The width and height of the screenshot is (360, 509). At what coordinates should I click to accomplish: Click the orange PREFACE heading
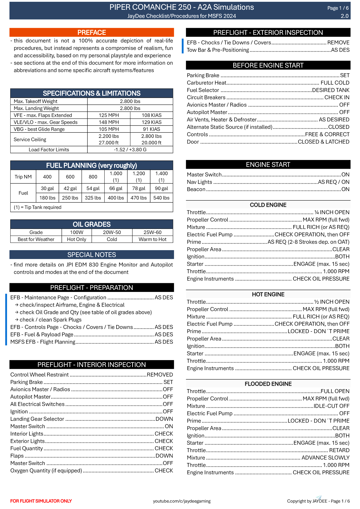[92, 33]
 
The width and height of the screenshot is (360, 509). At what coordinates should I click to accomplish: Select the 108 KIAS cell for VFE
[151, 115]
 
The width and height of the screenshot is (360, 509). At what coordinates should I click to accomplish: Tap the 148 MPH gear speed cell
[109, 122]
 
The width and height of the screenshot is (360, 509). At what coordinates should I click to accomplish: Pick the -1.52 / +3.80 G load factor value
[130, 150]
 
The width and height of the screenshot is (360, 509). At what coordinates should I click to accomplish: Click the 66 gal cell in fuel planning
[116, 189]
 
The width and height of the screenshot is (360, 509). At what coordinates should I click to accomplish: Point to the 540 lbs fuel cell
[161, 198]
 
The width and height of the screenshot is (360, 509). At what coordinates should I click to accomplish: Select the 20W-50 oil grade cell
[112, 232]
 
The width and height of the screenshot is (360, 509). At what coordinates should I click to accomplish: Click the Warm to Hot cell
[152, 239]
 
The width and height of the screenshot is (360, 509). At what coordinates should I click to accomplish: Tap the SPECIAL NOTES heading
[92, 255]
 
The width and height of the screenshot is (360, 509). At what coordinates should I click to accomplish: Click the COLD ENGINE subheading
[268, 205]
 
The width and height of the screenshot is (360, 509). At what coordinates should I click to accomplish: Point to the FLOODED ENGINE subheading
[268, 384]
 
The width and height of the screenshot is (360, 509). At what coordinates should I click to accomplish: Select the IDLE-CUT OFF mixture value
[331, 406]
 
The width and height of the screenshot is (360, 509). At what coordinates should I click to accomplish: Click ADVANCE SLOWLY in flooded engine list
[325, 458]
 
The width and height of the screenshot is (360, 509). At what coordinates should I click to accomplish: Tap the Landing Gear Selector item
[37, 419]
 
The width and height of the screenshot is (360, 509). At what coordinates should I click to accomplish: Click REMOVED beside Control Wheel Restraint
[160, 375]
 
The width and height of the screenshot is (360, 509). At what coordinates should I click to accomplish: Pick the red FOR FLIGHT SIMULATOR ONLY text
[41, 501]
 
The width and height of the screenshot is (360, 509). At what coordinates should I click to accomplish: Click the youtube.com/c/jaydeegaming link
[182, 501]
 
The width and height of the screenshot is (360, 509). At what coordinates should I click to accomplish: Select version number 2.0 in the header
[345, 16]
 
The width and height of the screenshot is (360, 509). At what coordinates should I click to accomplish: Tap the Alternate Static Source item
[229, 127]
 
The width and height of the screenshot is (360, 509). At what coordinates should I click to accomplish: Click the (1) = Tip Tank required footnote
[38, 207]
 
